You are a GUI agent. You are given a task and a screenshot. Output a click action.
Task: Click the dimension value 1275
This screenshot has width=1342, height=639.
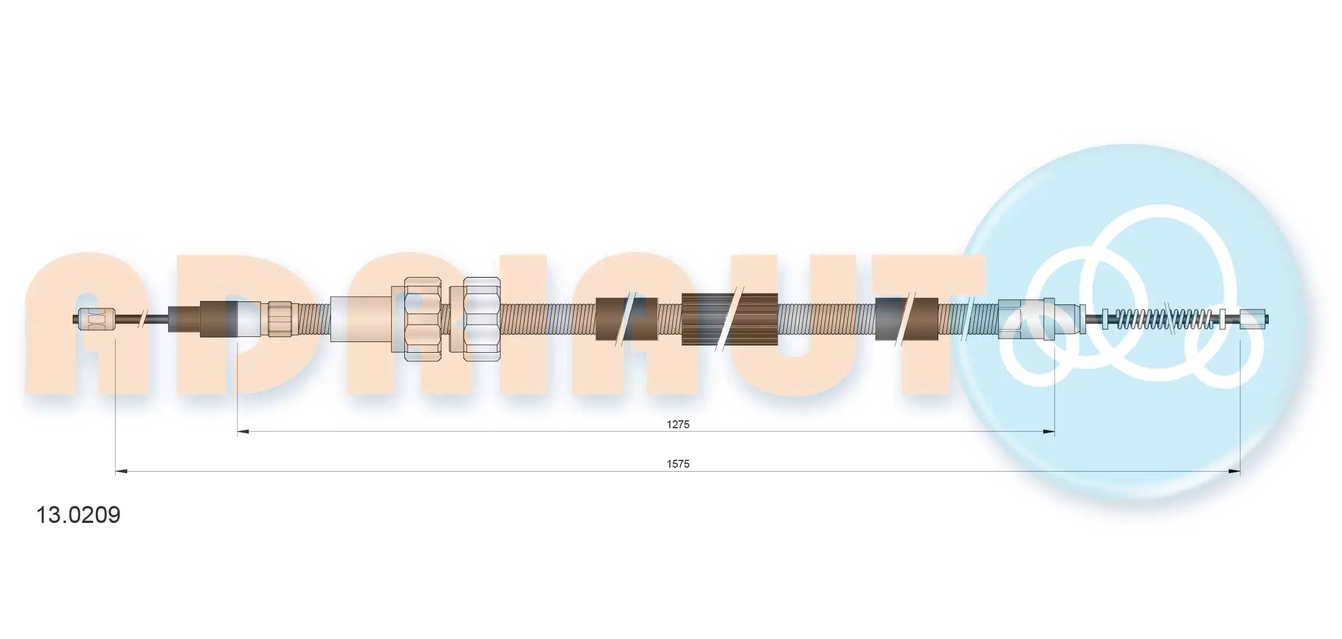[x=678, y=424]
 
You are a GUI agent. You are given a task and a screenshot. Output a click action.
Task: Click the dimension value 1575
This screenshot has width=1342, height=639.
[x=678, y=464]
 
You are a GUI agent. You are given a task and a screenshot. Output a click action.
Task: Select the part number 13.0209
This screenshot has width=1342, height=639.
[x=78, y=515]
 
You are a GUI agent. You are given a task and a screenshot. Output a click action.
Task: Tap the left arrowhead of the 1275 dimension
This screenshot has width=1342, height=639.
[x=243, y=432]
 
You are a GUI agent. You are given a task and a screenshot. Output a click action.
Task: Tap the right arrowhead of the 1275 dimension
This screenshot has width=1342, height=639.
[x=1049, y=432]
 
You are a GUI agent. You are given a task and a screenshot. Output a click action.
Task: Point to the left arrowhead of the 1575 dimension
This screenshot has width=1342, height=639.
[x=121, y=472]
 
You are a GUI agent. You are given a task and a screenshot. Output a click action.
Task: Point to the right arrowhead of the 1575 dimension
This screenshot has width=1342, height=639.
[x=1234, y=472]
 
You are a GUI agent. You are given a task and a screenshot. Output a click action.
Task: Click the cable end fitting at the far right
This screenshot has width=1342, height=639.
[x=1253, y=319]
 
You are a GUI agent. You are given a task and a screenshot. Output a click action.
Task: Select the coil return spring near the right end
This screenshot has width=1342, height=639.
[x=1164, y=319]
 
